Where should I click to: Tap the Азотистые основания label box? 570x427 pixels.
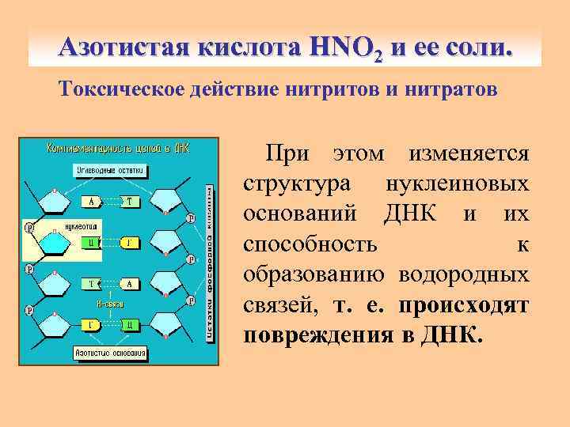(111, 352)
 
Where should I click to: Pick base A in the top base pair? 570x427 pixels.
(93, 202)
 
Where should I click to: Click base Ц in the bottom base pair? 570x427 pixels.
(131, 324)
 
